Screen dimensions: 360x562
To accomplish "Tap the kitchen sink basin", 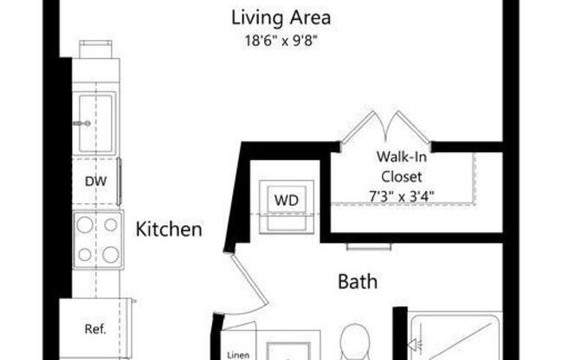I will (97, 112).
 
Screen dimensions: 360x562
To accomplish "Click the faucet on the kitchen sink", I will (82, 124).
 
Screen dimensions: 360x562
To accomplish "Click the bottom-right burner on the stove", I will (110, 254).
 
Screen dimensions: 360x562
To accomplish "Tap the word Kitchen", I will (169, 229).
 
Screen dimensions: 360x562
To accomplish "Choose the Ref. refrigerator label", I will (95, 329).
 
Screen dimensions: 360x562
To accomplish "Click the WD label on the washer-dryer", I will (286, 200).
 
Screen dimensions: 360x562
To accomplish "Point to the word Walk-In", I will (399, 157).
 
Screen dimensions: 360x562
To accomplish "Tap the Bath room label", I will (357, 281).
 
